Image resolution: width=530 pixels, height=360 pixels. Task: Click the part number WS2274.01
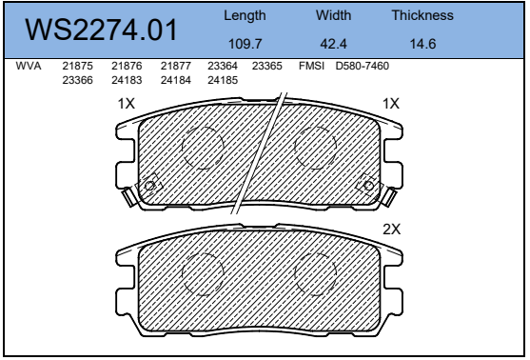(x=101, y=30)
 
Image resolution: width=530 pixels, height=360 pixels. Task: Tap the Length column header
(x=245, y=16)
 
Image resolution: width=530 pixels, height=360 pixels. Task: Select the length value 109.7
(x=245, y=44)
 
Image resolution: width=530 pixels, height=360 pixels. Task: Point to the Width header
(x=333, y=15)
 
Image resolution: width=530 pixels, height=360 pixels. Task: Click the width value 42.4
(x=333, y=44)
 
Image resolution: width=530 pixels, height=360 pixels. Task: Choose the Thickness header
(x=422, y=15)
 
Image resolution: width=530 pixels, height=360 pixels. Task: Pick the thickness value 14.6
(x=422, y=44)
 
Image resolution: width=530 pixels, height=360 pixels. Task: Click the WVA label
(x=29, y=66)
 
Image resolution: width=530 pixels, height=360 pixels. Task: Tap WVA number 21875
(x=77, y=66)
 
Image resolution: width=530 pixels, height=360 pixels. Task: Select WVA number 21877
(x=176, y=66)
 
